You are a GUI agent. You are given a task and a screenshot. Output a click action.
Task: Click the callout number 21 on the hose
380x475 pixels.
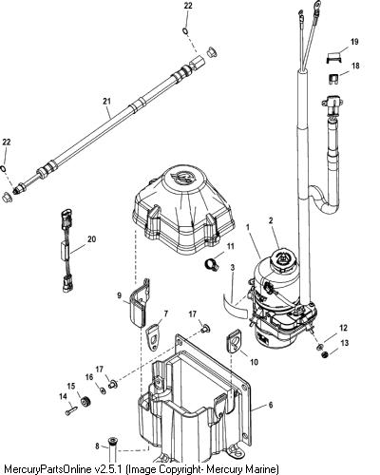pos(106,101)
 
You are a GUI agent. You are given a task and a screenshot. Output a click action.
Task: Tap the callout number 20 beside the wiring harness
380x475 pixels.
pos(91,239)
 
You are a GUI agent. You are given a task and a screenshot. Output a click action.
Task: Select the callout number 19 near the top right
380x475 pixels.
pos(354,42)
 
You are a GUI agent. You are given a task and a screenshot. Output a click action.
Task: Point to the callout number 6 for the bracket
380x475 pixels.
pos(271,405)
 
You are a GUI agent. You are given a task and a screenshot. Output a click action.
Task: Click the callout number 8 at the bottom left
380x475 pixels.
pos(97,446)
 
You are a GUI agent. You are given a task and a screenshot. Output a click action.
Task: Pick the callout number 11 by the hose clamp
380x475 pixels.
pos(231,246)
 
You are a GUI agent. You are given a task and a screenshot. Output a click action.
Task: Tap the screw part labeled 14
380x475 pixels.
pos(71,411)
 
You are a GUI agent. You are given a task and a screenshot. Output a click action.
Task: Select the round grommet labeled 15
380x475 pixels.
pos(85,402)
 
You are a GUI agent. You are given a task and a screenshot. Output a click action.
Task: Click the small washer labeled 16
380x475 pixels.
pos(103,390)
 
